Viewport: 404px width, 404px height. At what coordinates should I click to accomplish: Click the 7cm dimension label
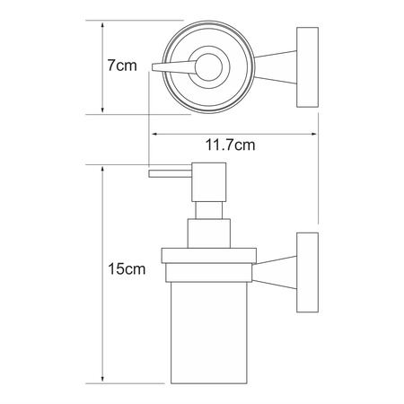point(122,66)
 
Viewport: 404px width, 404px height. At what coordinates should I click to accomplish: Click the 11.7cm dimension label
point(230,145)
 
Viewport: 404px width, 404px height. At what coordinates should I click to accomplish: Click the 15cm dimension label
point(127,268)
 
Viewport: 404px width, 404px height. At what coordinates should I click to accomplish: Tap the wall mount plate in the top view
point(307,67)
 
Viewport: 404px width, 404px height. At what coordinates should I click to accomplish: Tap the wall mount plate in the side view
point(307,273)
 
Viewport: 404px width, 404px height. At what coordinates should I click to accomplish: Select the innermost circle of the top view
point(208,67)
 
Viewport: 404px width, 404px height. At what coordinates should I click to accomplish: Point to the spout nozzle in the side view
point(170,174)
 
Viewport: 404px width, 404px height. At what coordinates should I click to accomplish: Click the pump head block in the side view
point(209,182)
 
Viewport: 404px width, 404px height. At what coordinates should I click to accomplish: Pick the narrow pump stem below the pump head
point(209,210)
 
